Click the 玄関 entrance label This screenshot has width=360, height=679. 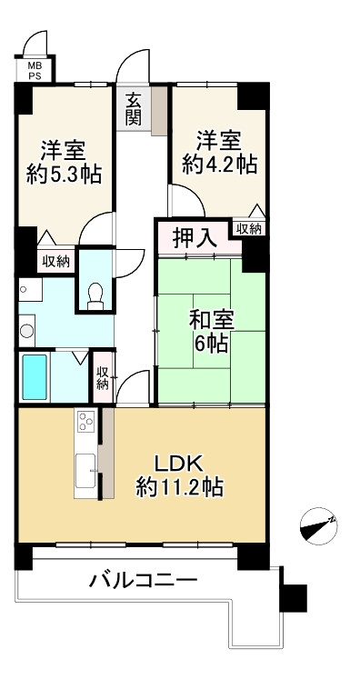click(134, 108)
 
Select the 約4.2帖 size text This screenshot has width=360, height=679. click(219, 164)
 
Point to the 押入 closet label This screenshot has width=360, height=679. click(195, 239)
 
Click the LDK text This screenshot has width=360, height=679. click(180, 459)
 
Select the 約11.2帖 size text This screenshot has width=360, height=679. click(180, 486)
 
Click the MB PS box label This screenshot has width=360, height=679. click(34, 71)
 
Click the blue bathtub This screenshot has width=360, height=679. click(36, 375)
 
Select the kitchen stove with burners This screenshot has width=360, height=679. click(86, 422)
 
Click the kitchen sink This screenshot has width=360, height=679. click(86, 470)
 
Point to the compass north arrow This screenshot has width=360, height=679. click(318, 524)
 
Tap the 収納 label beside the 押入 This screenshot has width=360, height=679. click(247, 228)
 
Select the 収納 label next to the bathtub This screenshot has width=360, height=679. click(104, 377)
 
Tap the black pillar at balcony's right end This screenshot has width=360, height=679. click(294, 596)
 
